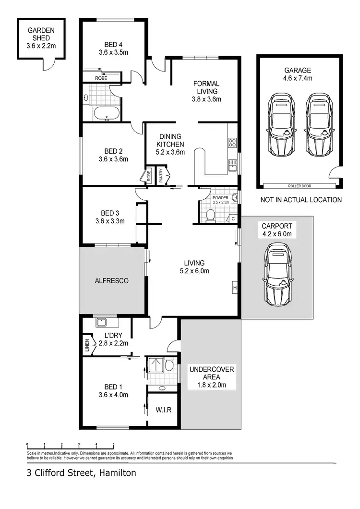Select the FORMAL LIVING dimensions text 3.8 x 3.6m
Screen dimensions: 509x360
click(206, 100)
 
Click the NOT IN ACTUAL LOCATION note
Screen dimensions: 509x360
click(301, 200)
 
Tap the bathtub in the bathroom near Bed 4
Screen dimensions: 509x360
click(106, 114)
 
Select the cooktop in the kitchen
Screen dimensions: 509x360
click(232, 142)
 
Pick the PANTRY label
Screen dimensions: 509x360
click(161, 175)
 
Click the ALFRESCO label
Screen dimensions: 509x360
click(112, 281)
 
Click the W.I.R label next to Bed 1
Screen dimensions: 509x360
click(164, 410)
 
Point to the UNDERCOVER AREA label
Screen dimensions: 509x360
click(211, 373)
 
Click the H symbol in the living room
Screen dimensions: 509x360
click(235, 287)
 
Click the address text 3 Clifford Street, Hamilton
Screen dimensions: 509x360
click(82, 473)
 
